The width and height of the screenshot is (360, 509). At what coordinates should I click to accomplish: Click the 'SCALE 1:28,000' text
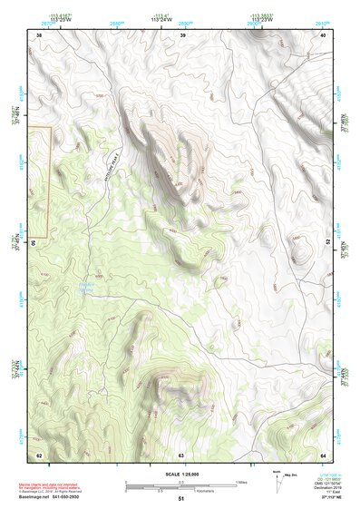point(180,475)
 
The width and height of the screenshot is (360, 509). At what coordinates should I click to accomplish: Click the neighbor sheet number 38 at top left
point(39,34)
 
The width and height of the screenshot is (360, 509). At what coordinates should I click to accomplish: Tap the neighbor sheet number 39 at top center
point(182,34)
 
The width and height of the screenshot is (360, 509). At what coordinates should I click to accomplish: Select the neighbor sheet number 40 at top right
point(324,34)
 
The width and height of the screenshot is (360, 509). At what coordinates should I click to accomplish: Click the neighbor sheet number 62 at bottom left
point(39,455)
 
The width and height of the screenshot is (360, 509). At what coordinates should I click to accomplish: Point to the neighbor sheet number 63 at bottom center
point(181,455)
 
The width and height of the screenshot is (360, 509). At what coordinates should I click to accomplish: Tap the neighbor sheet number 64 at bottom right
point(324,455)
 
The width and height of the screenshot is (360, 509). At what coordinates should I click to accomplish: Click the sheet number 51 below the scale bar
point(181,499)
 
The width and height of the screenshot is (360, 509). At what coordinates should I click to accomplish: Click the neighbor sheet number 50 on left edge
point(34,243)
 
